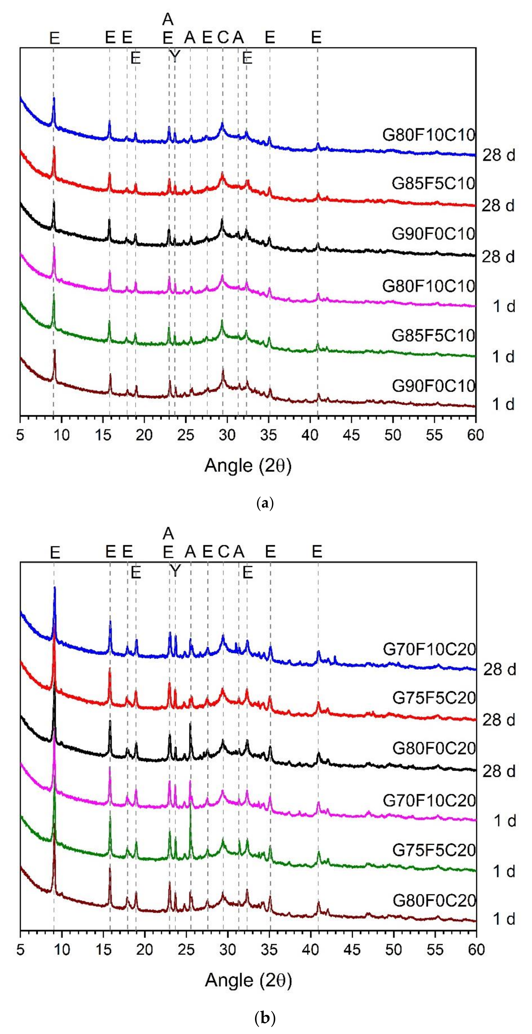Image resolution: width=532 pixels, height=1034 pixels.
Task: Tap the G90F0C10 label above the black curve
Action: [433, 234]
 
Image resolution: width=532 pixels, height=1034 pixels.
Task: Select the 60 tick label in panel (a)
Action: [475, 435]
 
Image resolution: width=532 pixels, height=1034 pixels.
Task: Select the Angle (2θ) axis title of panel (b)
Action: [248, 980]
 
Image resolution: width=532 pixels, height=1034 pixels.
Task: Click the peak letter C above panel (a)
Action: [223, 38]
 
